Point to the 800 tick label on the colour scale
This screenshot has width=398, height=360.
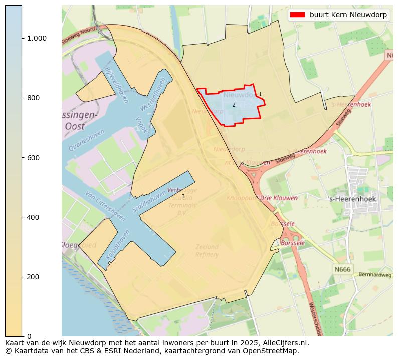(x=33, y=98)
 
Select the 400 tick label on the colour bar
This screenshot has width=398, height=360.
(x=33, y=217)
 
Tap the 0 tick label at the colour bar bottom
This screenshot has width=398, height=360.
(x=29, y=336)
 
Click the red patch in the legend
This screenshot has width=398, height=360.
(x=297, y=15)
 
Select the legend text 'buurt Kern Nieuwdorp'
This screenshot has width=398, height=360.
(x=348, y=15)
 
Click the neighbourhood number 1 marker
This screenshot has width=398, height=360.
(x=260, y=94)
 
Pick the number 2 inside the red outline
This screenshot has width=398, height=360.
(x=234, y=105)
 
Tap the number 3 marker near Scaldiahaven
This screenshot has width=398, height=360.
(x=183, y=196)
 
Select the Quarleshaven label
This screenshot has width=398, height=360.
(x=87, y=140)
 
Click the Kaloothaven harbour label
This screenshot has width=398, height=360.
(x=118, y=244)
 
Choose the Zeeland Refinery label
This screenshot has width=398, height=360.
(x=207, y=251)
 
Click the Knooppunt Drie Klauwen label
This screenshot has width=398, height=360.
(x=262, y=198)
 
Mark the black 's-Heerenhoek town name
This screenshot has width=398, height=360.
(x=351, y=199)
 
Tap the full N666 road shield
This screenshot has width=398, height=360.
(x=342, y=269)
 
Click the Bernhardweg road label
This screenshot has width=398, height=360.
(x=375, y=275)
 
